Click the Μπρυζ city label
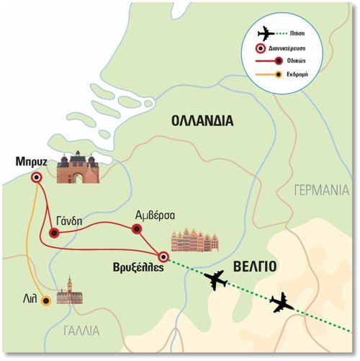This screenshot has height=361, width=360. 31,162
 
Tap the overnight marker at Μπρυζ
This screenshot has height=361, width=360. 37,178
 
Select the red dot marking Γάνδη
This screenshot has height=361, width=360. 54,233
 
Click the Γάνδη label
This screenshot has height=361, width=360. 69,221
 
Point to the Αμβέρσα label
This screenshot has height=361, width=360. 155,215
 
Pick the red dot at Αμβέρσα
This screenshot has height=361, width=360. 137,229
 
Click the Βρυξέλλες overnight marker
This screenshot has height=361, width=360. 163,257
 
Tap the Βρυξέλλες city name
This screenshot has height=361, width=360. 138,267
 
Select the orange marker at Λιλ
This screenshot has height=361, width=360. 46,300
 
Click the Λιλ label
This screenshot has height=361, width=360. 30,299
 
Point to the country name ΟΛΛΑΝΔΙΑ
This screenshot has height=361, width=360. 202,121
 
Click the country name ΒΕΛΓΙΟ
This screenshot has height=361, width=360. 255,267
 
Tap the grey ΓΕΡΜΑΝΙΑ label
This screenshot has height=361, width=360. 322,190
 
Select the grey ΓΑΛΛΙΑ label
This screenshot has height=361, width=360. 81,331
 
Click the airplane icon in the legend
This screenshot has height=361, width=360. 266,34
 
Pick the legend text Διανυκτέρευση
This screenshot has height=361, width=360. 287,48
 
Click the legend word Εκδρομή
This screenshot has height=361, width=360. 297,74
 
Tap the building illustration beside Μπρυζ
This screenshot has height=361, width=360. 78,167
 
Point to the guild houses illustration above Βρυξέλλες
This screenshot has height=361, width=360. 194,240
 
